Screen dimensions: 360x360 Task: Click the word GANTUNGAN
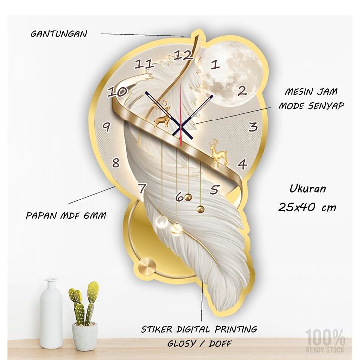pyautogui.click(x=59, y=34)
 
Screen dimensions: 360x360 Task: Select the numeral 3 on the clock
pyautogui.click(x=253, y=127)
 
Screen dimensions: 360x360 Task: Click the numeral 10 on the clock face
pyautogui.click(x=117, y=92)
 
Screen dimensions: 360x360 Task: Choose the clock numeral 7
pyautogui.click(x=142, y=189)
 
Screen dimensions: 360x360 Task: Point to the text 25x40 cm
pyautogui.click(x=307, y=207)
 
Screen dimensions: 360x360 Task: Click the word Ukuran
pyautogui.click(x=307, y=189)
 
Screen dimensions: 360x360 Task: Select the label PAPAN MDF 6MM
pyautogui.click(x=65, y=216)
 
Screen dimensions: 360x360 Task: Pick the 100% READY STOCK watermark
pyautogui.click(x=325, y=341)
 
